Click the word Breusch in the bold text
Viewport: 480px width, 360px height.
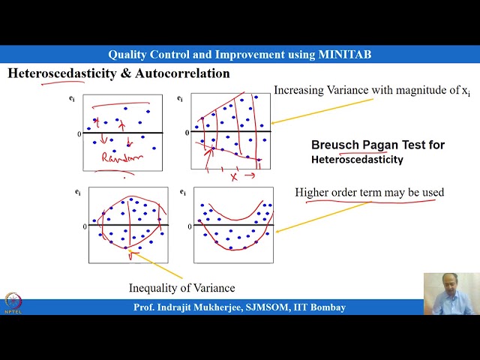(x=336, y=145)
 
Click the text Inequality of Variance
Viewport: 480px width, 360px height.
(x=181, y=288)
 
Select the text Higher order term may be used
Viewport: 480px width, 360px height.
(x=369, y=193)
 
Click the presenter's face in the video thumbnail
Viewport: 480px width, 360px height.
(x=451, y=286)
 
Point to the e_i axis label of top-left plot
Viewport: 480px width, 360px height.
(x=72, y=99)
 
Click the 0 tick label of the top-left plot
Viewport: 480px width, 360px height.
(x=79, y=133)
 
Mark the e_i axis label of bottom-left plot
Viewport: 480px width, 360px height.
(x=78, y=193)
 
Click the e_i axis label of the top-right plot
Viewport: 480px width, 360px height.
(x=181, y=99)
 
